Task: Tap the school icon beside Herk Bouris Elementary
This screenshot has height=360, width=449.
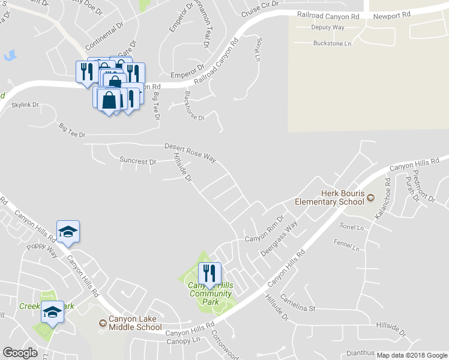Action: point(371,197)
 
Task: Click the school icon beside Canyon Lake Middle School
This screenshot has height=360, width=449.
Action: point(103,323)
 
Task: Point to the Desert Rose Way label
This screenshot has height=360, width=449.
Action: point(190,151)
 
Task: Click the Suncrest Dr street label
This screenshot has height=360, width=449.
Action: point(137,161)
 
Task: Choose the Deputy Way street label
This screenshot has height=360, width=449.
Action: point(328,28)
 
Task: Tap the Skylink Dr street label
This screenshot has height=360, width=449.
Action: point(26,104)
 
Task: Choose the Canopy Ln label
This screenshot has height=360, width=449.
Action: point(182,341)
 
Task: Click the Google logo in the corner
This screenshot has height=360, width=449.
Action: point(20,353)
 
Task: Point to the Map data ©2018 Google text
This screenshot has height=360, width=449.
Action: point(412,355)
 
